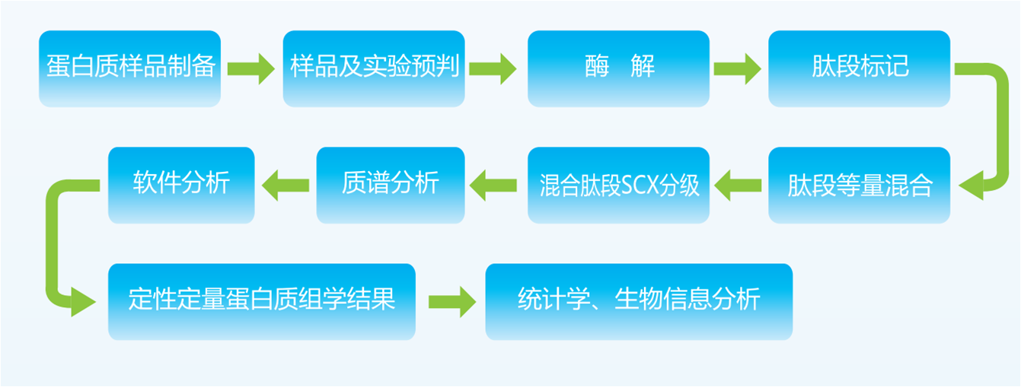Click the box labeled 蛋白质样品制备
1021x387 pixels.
(x=129, y=68)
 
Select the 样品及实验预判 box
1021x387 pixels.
(x=374, y=68)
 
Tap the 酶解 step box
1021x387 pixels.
(x=618, y=68)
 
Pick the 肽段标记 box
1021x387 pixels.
(x=859, y=68)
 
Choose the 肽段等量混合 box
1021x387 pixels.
(x=859, y=186)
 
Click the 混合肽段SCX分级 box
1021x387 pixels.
(x=618, y=186)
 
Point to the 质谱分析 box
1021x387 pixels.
(x=390, y=186)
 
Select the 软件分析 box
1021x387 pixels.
(x=181, y=186)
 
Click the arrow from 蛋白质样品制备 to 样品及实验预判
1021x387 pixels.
(x=251, y=68)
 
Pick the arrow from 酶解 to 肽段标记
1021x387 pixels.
(x=737, y=68)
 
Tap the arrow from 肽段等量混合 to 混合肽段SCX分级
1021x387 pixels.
(x=739, y=185)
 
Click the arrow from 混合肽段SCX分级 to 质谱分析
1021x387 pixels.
(x=495, y=185)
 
